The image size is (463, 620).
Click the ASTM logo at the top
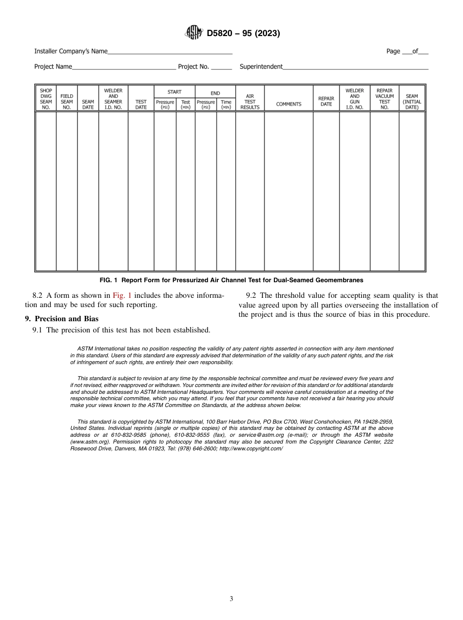pyautogui.click(x=193, y=33)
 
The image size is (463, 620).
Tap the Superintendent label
pyautogui.click(x=261, y=67)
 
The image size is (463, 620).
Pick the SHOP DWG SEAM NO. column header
pyautogui.click(x=46, y=99)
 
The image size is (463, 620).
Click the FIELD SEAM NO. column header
pyautogui.click(x=67, y=102)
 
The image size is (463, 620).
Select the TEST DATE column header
pyautogui.click(x=141, y=104)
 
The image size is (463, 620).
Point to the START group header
pyautogui.click(x=174, y=92)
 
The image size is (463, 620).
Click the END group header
pyautogui.click(x=215, y=93)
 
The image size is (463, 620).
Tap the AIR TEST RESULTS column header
pyautogui.click(x=250, y=102)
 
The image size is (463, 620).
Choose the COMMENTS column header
pyautogui.click(x=289, y=104)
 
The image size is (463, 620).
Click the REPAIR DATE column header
pyautogui.click(x=326, y=101)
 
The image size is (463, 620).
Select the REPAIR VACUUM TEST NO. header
pyautogui.click(x=385, y=99)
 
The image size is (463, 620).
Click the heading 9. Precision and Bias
pyautogui.click(x=61, y=319)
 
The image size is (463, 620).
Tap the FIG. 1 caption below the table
pyautogui.click(x=231, y=280)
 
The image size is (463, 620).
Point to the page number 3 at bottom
pyautogui.click(x=231, y=599)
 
